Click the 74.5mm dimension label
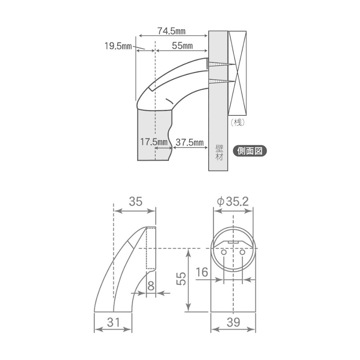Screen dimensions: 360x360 tap(171, 31)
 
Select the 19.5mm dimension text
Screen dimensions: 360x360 tap(118, 46)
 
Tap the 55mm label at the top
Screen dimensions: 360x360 tap(182, 46)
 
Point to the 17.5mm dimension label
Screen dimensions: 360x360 tap(154, 142)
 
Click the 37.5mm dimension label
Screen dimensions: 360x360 tap(190, 142)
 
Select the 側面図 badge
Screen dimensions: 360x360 tap(250, 151)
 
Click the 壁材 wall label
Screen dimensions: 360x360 tap(219, 152)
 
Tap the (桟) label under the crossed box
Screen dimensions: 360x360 tap(237, 122)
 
